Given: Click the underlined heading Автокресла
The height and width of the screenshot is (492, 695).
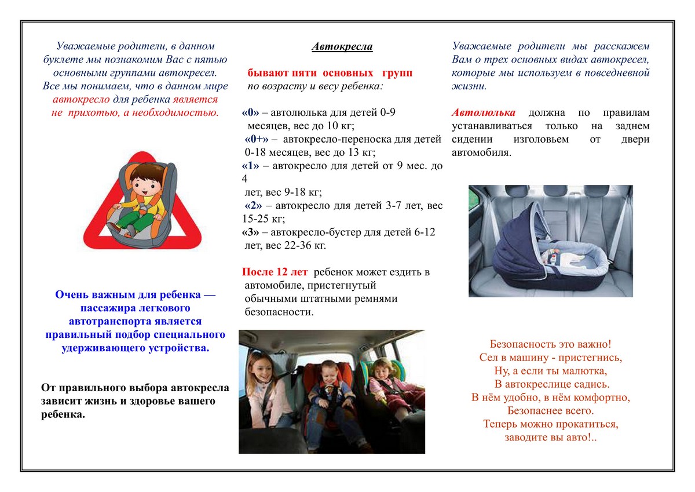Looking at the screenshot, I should click(342, 47).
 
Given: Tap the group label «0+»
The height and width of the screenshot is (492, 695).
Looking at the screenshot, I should click(257, 140).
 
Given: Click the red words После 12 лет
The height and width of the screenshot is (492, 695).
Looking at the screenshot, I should click(275, 272).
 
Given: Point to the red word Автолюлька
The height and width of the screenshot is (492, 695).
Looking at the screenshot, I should click(483, 113).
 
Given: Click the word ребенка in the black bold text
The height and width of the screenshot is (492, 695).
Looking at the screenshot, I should click(63, 415).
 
